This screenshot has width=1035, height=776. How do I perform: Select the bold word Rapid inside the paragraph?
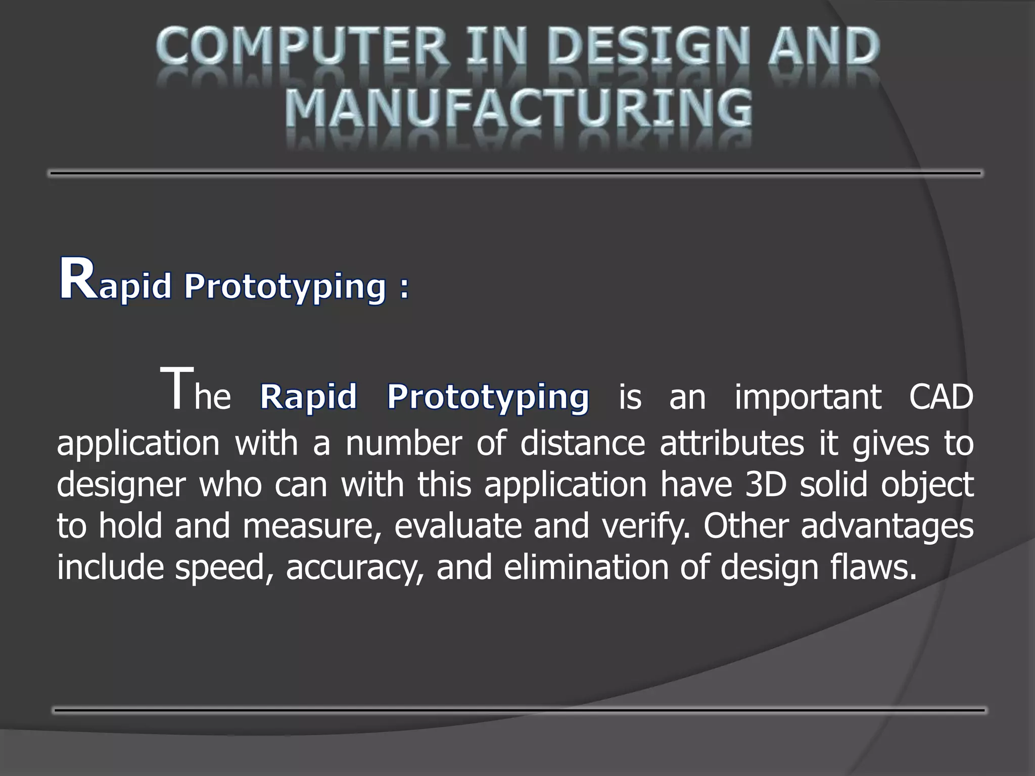click(308, 397)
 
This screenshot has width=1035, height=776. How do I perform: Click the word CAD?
click(940, 397)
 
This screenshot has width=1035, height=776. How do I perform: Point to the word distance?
click(583, 443)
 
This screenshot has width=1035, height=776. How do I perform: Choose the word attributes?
click(731, 443)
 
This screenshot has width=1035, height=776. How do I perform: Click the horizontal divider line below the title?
click(515, 173)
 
